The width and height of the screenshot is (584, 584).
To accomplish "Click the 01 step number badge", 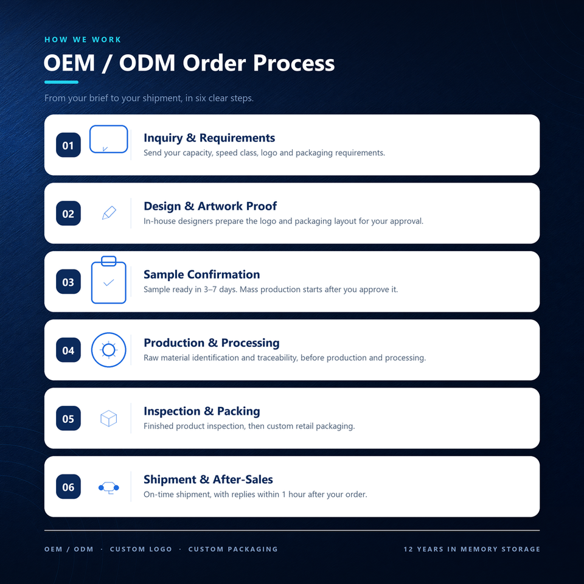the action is (68, 145).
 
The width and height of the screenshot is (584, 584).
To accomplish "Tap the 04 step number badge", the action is (68, 350).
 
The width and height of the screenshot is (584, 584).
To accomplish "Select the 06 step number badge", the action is (68, 487).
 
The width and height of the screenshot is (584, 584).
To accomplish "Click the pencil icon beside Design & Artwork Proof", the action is (109, 213).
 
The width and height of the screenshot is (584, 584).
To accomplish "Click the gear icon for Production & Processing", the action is (109, 333).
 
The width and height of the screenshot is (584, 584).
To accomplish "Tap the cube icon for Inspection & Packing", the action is (109, 419).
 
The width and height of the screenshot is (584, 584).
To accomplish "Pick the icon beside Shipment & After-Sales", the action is (109, 487).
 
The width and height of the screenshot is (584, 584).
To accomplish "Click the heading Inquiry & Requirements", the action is (209, 138).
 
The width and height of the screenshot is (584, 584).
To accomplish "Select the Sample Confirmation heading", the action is (202, 274).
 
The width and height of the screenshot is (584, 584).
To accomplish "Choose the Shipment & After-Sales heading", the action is (208, 479).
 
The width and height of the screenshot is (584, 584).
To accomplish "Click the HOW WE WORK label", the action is (83, 40).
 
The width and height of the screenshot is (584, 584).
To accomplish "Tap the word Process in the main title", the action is (294, 63).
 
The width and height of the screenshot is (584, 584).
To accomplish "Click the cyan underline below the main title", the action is (61, 82).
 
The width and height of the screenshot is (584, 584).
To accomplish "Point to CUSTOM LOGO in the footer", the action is (141, 549).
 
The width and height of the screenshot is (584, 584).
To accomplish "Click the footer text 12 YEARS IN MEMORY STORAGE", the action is (472, 549).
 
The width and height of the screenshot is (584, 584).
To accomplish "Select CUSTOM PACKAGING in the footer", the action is (233, 549).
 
